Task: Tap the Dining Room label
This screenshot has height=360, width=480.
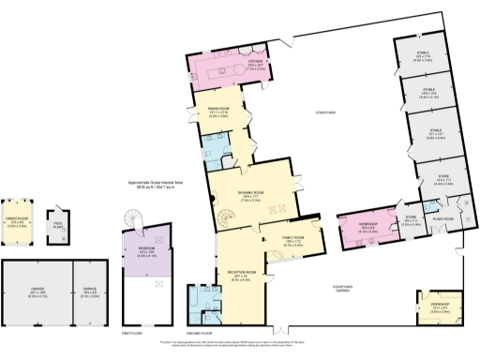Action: (x=217, y=112)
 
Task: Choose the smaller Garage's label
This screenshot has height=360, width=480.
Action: (x=92, y=294)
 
